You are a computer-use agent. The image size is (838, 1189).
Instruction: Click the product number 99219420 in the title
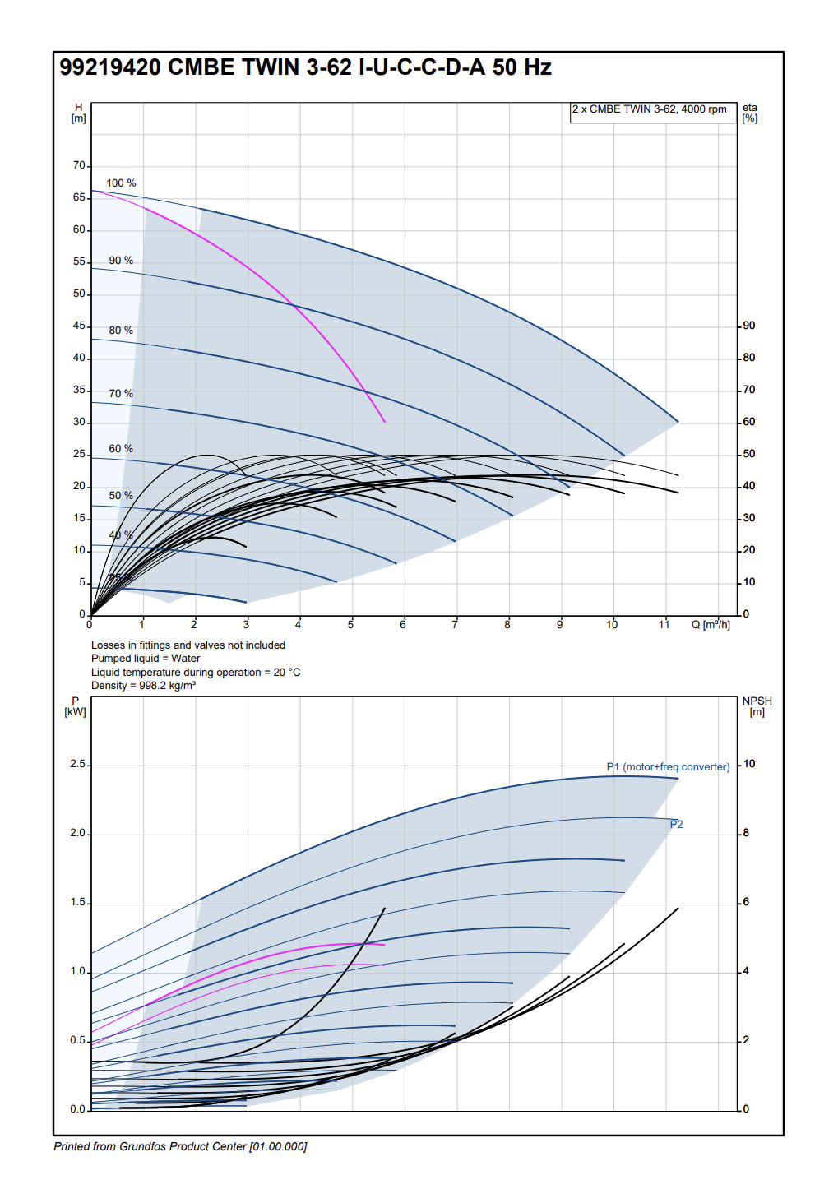[x=109, y=67]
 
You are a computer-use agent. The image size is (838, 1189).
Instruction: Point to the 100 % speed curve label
[x=121, y=183]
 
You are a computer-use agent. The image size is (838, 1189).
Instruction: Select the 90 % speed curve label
[x=121, y=261]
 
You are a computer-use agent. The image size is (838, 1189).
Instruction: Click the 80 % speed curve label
[x=121, y=331]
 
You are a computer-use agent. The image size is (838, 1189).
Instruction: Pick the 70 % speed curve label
[x=121, y=394]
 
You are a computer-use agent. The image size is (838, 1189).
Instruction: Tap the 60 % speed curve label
[x=121, y=449]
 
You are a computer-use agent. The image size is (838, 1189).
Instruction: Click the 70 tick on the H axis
[x=79, y=165]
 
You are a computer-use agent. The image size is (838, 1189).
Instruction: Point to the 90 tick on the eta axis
[x=749, y=326]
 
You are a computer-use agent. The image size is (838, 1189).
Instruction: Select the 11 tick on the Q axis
[x=664, y=625]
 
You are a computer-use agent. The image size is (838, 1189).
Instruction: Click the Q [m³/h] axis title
[x=711, y=625]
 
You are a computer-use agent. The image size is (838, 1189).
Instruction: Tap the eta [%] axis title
[x=750, y=113]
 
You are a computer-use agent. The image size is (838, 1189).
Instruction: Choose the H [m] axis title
[x=78, y=113]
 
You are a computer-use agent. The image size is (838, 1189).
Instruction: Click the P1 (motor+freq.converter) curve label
[x=668, y=767]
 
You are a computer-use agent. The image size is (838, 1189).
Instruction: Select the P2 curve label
[x=677, y=825]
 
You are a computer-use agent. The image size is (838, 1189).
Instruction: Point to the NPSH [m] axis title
[x=757, y=706]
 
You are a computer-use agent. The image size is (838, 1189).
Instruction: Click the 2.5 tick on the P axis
[x=77, y=765]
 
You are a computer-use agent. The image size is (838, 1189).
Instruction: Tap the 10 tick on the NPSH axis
[x=749, y=764]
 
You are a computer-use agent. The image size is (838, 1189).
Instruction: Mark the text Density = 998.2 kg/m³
[x=143, y=686]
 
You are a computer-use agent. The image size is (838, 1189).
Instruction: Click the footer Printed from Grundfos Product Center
[x=180, y=1147]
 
